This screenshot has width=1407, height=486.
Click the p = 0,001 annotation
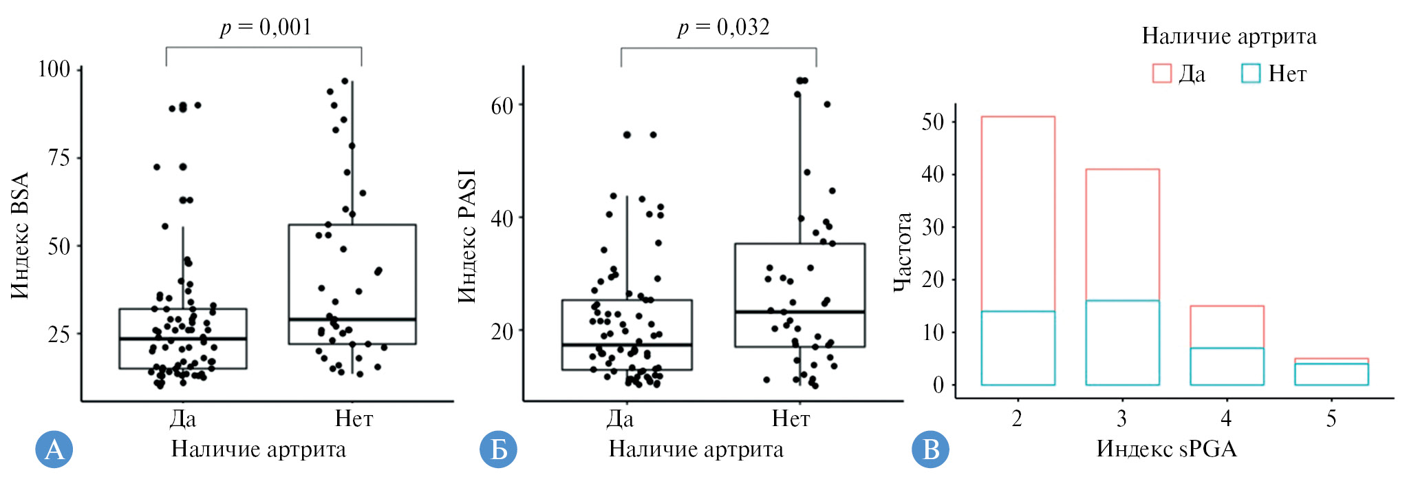(x=266, y=28)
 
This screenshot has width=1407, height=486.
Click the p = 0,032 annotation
(x=723, y=28)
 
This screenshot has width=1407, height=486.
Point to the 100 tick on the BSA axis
(x=54, y=69)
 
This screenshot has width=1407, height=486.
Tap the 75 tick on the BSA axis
(x=59, y=158)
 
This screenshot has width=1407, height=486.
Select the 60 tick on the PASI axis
(x=502, y=105)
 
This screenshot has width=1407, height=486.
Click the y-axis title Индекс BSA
(x=21, y=235)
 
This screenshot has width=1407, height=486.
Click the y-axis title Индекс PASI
(x=466, y=236)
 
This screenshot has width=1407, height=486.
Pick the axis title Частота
(x=902, y=252)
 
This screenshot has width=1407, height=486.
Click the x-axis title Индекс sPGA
(x=1166, y=449)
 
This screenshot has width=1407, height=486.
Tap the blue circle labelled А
(x=54, y=450)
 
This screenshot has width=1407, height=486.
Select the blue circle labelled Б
(x=498, y=450)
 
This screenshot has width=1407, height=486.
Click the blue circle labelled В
(x=930, y=450)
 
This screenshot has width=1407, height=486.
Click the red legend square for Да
(x=1161, y=74)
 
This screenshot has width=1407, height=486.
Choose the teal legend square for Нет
(x=1250, y=74)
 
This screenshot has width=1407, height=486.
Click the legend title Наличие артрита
(x=1229, y=36)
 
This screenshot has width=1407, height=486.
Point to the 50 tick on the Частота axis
(x=932, y=122)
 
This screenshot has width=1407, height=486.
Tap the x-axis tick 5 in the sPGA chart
(x=1331, y=419)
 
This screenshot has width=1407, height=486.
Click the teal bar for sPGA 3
(x=1122, y=343)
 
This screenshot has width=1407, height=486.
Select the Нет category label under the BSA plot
(x=354, y=419)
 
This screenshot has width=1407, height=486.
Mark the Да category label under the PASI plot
(x=620, y=419)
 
